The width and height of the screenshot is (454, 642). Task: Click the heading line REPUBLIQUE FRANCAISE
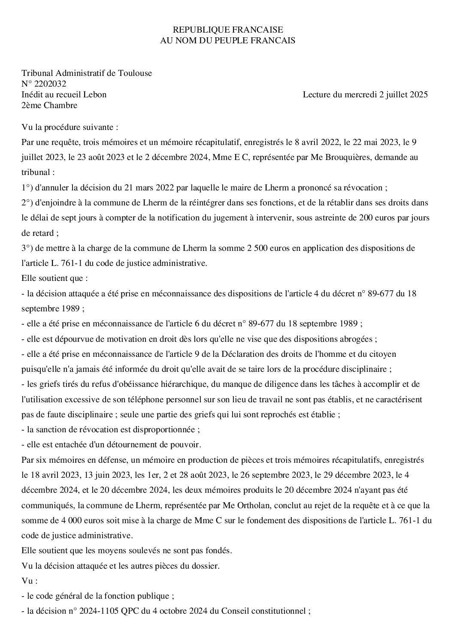click(x=227, y=30)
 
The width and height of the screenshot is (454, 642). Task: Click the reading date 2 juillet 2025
click(x=403, y=95)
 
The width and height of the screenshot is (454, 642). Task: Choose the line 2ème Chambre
click(x=49, y=105)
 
